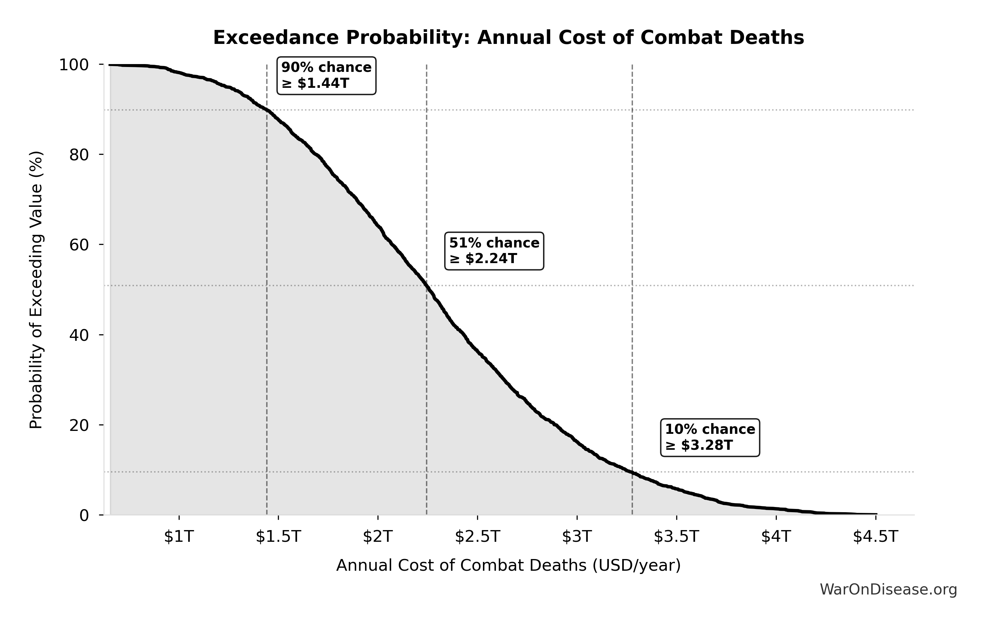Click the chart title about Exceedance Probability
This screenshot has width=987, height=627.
(508, 38)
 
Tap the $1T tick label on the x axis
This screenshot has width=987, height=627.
(179, 537)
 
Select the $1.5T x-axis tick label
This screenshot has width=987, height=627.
(278, 537)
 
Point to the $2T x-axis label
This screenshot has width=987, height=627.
(378, 537)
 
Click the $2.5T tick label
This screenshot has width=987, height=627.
(477, 537)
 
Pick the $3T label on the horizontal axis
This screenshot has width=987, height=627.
(577, 537)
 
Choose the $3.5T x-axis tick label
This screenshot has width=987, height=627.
(676, 537)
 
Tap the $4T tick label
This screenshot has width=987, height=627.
(776, 537)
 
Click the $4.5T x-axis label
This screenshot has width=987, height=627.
(875, 537)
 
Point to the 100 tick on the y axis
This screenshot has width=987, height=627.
(74, 65)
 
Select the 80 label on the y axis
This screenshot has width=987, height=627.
(79, 155)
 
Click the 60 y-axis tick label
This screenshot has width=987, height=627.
(79, 245)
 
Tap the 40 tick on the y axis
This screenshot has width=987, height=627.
(79, 335)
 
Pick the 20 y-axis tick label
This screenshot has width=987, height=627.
(79, 425)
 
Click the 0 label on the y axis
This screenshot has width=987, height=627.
(84, 515)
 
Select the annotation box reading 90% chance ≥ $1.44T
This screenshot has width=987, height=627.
(326, 76)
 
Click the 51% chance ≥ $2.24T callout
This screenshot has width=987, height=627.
(494, 251)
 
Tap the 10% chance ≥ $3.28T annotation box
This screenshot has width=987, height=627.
(710, 437)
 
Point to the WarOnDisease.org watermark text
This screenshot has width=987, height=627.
(888, 590)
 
